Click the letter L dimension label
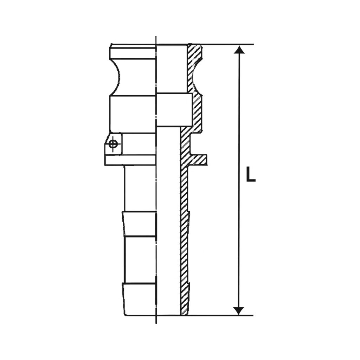pos(250,174)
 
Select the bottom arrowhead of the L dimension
pos(239,310)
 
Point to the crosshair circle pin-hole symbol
pos(113,144)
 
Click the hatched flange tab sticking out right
pos(199,160)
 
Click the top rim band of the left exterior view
pos(133,52)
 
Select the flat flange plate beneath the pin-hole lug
pos(130,160)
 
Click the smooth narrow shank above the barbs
pos(140,188)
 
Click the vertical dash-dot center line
pos(156,197)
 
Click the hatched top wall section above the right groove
pos(195,53)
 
